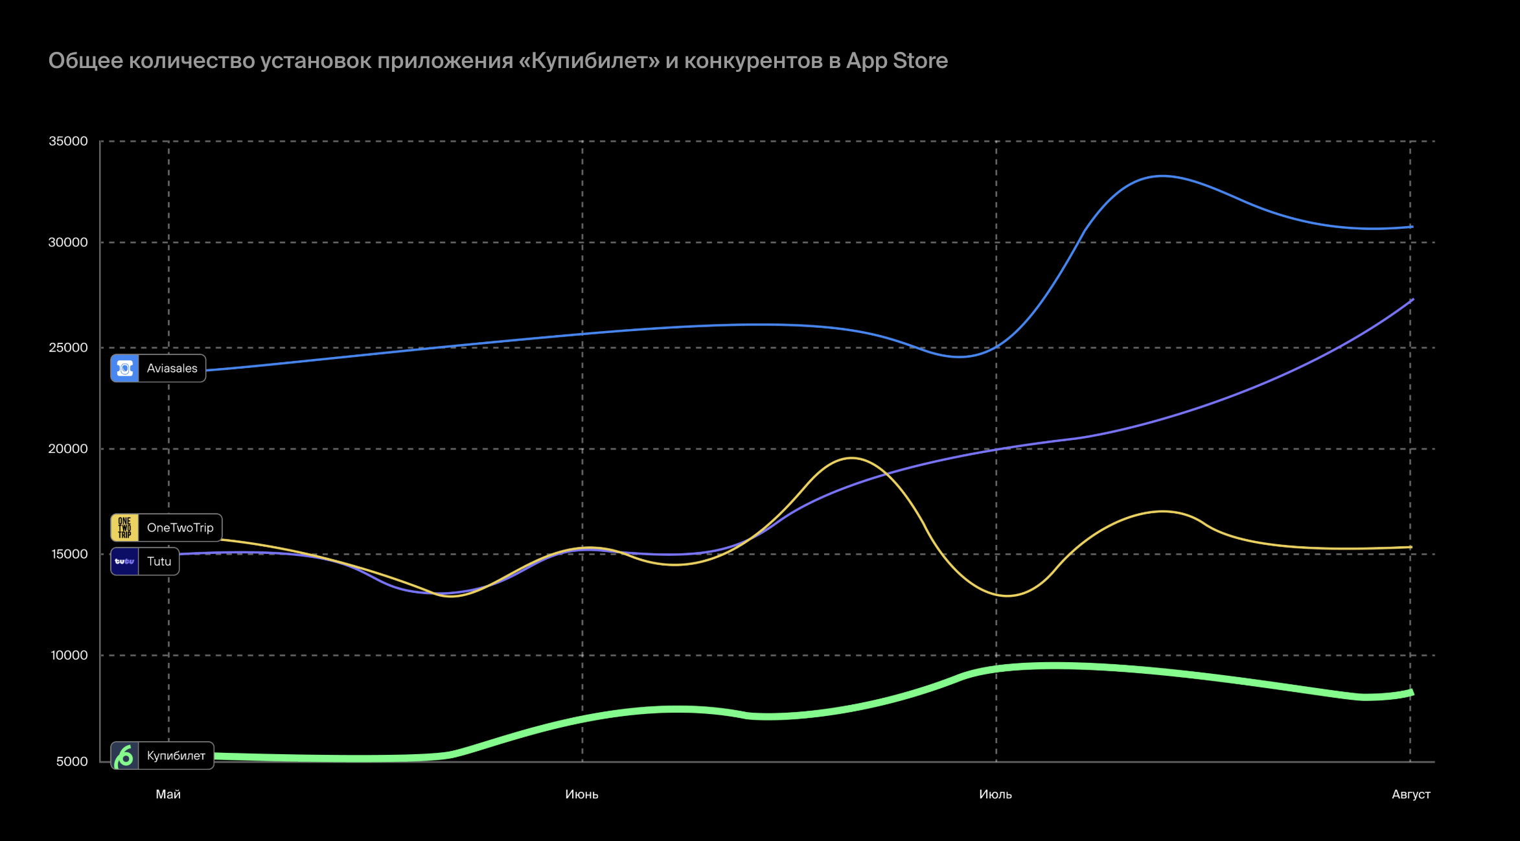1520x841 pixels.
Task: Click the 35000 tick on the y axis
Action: click(x=68, y=141)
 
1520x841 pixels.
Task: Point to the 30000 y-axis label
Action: click(x=68, y=242)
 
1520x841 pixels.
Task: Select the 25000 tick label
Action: click(x=68, y=347)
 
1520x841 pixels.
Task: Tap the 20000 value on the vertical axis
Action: click(x=68, y=448)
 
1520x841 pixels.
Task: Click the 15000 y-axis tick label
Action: click(x=69, y=554)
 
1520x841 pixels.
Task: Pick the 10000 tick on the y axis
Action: click(x=69, y=655)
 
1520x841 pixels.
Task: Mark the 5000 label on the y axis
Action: click(x=72, y=761)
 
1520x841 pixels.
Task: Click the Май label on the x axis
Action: click(x=168, y=794)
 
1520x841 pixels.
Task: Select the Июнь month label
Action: click(x=581, y=794)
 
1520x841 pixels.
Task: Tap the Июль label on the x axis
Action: click(x=995, y=794)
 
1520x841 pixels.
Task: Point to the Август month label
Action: click(x=1411, y=794)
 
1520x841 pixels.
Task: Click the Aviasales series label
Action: click(x=172, y=368)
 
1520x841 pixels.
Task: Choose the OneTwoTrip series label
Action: click(x=180, y=527)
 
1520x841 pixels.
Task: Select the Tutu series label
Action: click(x=159, y=561)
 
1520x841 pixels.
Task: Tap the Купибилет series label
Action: click(x=176, y=755)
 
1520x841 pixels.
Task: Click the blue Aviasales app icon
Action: click(x=124, y=368)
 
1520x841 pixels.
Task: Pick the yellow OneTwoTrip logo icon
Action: click(x=124, y=527)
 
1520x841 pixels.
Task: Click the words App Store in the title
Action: click(x=897, y=60)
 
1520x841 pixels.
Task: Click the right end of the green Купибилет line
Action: click(x=1411, y=693)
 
